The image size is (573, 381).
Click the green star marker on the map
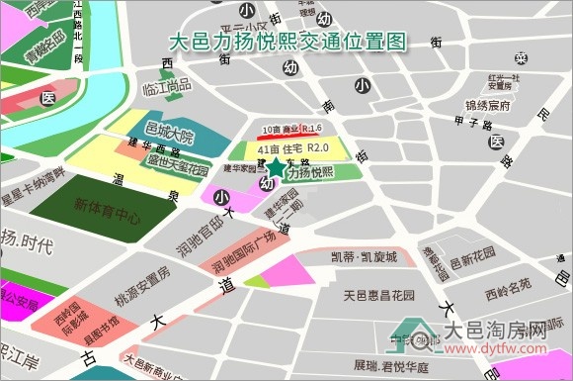tap(276, 169)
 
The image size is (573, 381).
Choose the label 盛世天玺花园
tap(178, 164)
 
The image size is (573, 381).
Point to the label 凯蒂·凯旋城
tap(363, 257)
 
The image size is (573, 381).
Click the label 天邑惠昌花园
tap(379, 295)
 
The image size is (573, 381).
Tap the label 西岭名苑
tap(508, 292)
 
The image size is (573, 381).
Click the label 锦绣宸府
tap(488, 104)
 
